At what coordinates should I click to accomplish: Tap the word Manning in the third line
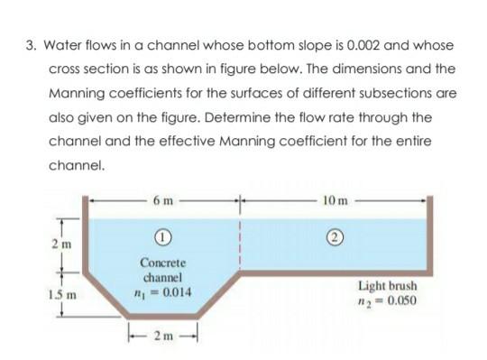79,94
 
